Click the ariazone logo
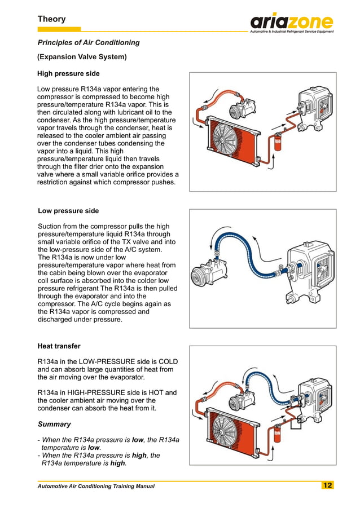click(292, 23)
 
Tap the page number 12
click(327, 485)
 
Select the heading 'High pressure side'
click(68, 73)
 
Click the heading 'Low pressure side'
click(68, 211)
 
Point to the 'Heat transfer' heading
click(59, 346)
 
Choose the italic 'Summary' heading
click(54, 424)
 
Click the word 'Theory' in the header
click(51, 19)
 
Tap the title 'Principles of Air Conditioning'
click(88, 42)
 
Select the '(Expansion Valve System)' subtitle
click(82, 57)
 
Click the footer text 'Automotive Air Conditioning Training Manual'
click(95, 486)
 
